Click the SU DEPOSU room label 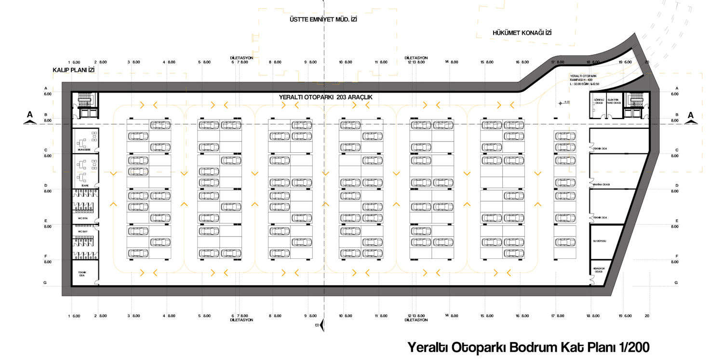599,241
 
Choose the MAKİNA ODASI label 602,185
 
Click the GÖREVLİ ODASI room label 598,101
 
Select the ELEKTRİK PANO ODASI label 614,101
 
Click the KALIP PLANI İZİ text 73,70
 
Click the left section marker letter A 30,115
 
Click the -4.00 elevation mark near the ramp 567,102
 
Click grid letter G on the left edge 45,282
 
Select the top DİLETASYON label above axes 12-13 416,58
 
